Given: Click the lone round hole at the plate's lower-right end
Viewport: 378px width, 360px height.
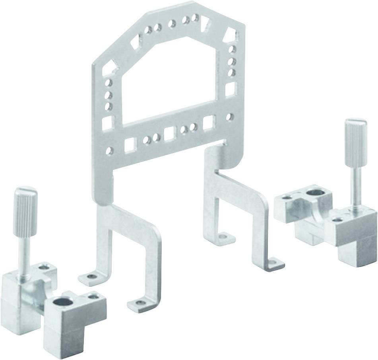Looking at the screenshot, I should click(x=229, y=117).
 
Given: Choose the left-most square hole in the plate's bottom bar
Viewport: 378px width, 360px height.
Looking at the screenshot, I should click(x=130, y=145).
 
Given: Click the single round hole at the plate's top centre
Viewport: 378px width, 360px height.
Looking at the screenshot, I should click(x=172, y=23).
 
